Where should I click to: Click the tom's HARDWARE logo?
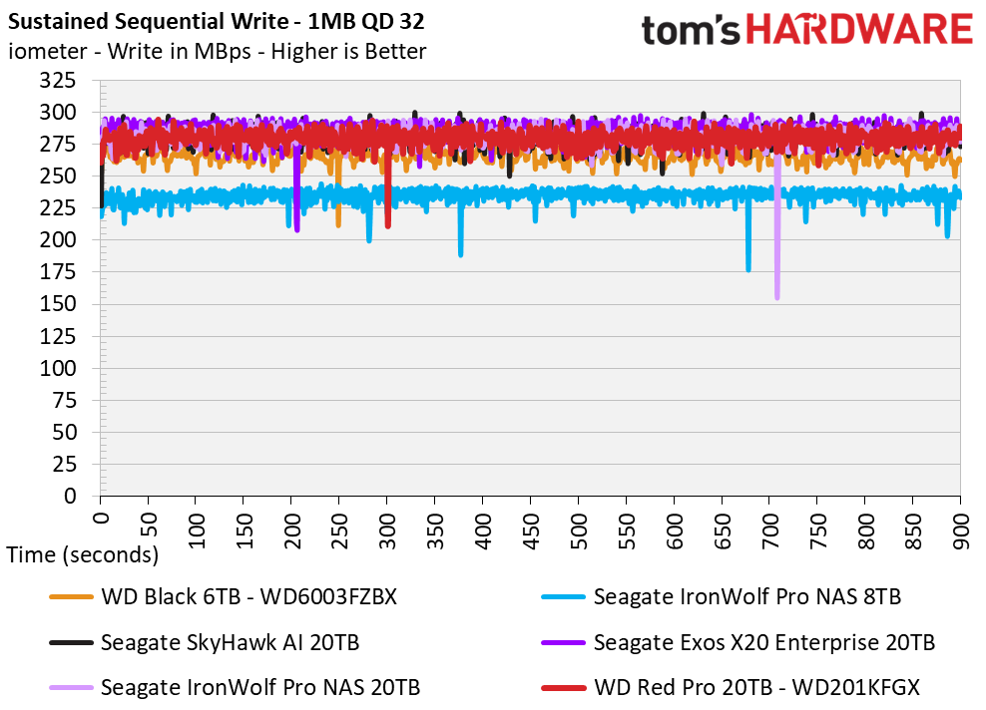coord(806,30)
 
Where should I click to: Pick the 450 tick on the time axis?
coord(531,524)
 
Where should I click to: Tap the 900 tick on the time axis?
coord(961,524)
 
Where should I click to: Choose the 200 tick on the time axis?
coord(291,524)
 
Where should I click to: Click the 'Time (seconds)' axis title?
coord(83,554)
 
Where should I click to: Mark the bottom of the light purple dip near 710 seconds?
coord(777,296)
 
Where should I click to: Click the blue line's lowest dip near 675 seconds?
coord(748,268)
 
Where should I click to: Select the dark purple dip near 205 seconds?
coord(297,229)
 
